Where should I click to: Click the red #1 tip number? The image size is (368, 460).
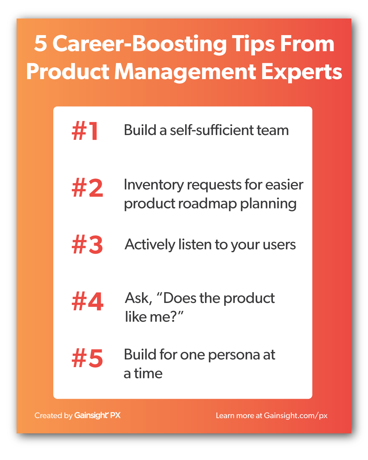tap(85, 131)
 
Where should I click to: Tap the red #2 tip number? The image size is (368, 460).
tap(87, 188)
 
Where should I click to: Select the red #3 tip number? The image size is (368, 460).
tap(87, 245)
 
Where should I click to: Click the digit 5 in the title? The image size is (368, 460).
tap(41, 44)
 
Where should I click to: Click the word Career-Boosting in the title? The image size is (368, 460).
tap(139, 45)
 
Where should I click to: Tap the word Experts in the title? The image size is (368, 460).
tap(301, 72)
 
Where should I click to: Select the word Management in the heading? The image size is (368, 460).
tap(185, 72)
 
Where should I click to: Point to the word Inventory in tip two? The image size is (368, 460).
tap(154, 185)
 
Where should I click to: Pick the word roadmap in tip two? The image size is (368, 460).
tap(207, 203)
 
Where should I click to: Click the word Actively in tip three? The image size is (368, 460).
tap(150, 245)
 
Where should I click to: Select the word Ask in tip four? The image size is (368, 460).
tap(139, 298)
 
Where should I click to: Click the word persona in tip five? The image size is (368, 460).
tap(234, 356)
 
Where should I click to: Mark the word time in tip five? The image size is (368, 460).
tap(148, 374)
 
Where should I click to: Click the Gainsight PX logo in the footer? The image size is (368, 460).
tap(97, 416)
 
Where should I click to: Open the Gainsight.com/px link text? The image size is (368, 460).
tap(296, 416)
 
